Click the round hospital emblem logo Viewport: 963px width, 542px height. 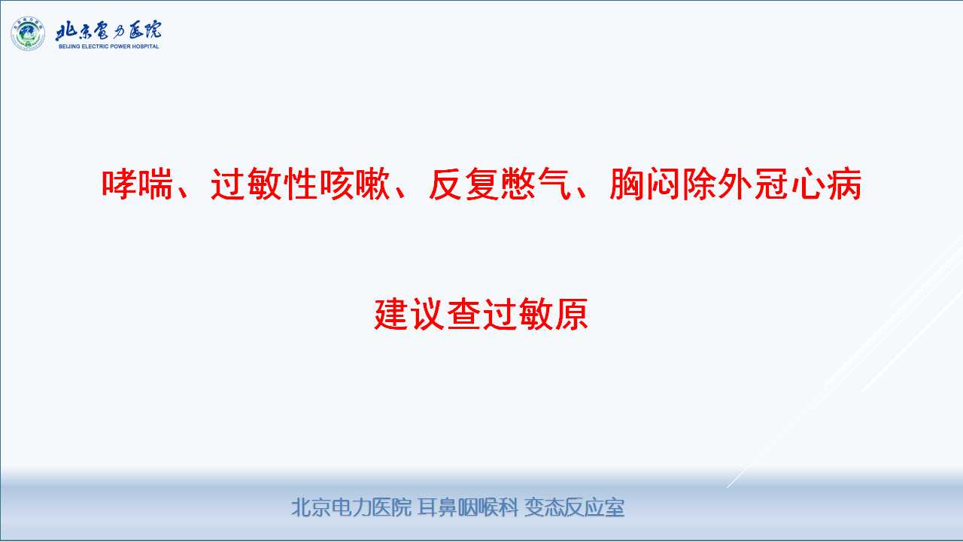[28, 34]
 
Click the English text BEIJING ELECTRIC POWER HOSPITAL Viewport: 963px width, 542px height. [109, 46]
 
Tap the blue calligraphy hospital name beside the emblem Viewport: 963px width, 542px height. [108, 31]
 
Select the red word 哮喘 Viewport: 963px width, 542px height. [137, 184]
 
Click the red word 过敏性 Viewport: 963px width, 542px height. [264, 184]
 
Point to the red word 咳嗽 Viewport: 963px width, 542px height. [354, 184]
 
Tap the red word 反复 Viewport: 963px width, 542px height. [464, 184]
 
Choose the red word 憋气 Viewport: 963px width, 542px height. [536, 184]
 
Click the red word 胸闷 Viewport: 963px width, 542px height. [646, 184]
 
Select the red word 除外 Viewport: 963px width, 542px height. [718, 184]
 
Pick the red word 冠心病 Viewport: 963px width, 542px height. [808, 184]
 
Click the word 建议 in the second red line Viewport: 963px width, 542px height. [409, 314]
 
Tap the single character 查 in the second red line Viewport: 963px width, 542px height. [463, 314]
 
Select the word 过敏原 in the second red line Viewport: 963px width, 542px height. [535, 314]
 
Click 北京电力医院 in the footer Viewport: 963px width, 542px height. [351, 507]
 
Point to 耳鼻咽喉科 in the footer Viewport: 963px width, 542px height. [468, 507]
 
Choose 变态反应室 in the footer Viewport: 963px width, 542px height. [574, 507]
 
